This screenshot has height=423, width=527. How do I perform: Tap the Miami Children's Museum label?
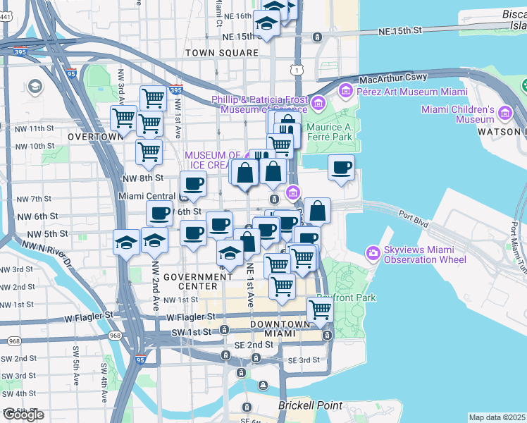[458, 115]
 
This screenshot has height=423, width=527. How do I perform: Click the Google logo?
[23, 415]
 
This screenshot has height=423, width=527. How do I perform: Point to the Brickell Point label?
[310, 405]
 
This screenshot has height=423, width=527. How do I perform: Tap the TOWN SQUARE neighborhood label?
[222, 53]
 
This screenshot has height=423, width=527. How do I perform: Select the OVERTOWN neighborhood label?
[92, 136]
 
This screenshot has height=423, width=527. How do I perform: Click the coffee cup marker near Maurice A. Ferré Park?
[341, 168]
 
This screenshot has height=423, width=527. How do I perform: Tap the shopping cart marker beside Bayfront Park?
[321, 309]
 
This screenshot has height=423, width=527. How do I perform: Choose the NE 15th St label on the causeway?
[399, 30]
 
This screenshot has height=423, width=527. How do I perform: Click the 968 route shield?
[13, 341]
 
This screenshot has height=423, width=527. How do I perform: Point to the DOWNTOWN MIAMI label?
[280, 329]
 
